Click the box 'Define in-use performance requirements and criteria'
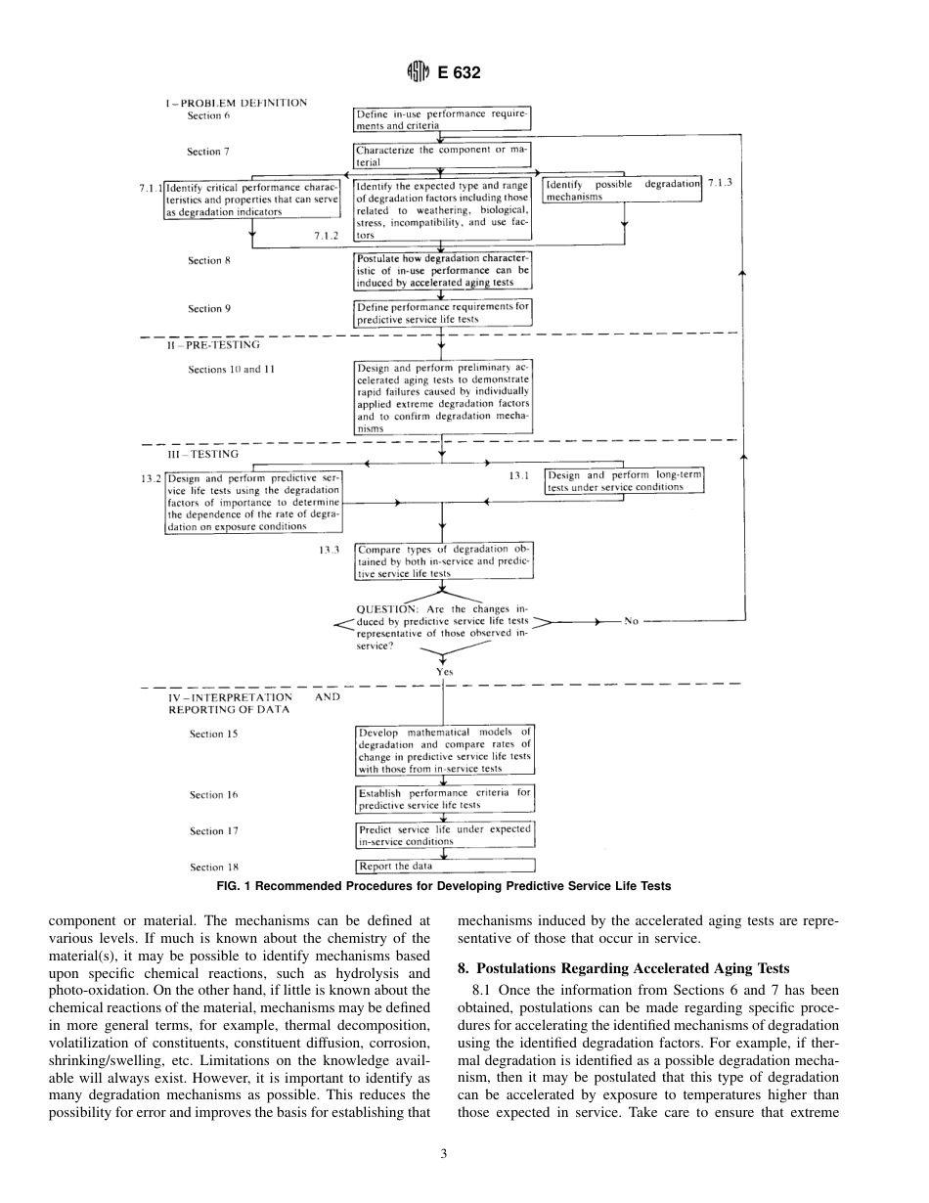click(x=442, y=119)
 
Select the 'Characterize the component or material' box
click(x=442, y=156)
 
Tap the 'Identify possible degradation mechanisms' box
click(x=622, y=190)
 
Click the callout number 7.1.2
click(x=327, y=236)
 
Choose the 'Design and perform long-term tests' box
click(x=624, y=481)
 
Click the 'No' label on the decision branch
click(x=631, y=621)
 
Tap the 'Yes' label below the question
click(x=445, y=672)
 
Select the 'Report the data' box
click(x=445, y=866)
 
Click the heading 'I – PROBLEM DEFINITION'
click(x=236, y=102)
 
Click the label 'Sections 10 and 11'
click(x=225, y=370)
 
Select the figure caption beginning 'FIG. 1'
click(x=444, y=886)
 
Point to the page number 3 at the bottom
click(x=443, y=1153)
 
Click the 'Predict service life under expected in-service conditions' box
click(x=445, y=834)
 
